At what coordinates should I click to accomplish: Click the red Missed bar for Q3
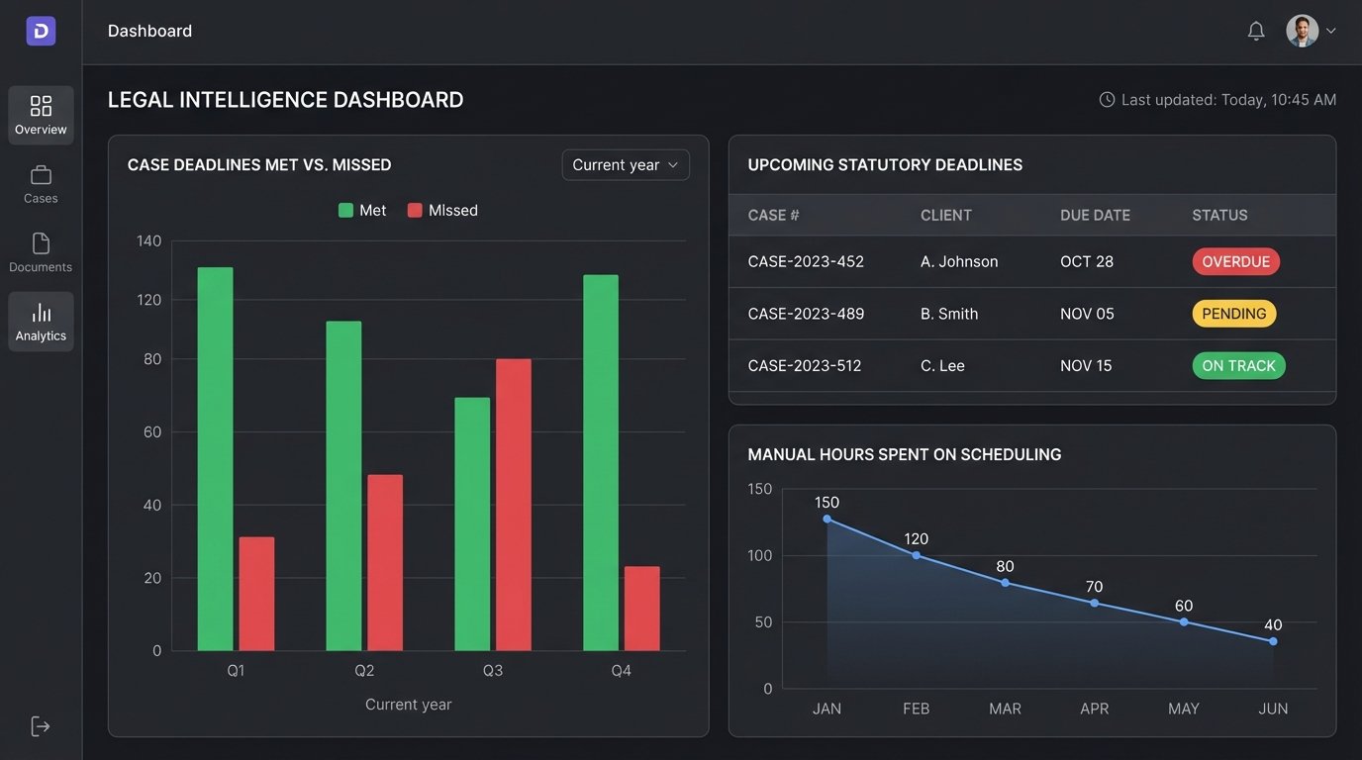[513, 505]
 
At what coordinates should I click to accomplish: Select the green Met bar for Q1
[215, 458]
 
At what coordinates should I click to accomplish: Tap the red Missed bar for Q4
[641, 608]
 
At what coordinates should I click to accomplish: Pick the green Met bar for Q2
[343, 485]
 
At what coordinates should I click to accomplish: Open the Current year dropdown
[626, 165]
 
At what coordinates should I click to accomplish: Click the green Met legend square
[345, 211]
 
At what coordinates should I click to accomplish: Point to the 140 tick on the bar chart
[148, 240]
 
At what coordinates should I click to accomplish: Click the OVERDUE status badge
[1235, 262]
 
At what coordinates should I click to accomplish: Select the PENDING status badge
[1233, 314]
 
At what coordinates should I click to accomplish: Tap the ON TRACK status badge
[1238, 366]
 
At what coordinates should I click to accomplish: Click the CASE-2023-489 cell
[806, 314]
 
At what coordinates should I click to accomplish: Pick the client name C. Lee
[942, 366]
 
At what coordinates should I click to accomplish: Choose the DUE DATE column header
[1095, 215]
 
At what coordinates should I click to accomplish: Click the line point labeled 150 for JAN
[827, 519]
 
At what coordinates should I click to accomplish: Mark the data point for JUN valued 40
[1273, 641]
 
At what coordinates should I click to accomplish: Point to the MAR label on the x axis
[1005, 709]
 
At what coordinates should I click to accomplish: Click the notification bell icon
[1256, 31]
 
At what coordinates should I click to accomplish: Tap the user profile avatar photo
[1302, 31]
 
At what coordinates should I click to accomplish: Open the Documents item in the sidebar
[41, 252]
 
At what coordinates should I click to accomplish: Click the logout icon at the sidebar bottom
[41, 726]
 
